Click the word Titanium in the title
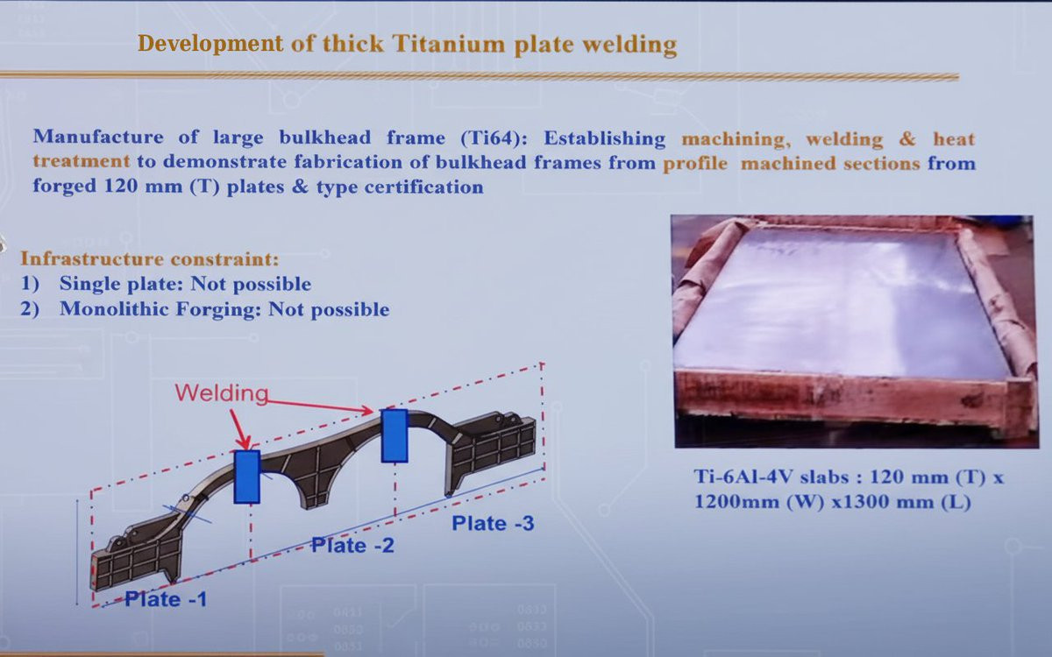(449, 44)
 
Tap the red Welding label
(222, 393)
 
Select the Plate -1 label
(166, 599)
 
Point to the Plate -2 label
(352, 545)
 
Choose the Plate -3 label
(493, 523)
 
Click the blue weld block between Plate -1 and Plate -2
(247, 477)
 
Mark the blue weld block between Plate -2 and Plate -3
(394, 436)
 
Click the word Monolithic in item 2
(115, 309)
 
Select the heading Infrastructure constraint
(150, 258)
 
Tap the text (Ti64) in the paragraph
(494, 138)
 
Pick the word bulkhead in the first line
(325, 137)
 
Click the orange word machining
(733, 139)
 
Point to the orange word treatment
(82, 161)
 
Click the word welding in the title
(629, 45)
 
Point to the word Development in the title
(210, 44)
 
